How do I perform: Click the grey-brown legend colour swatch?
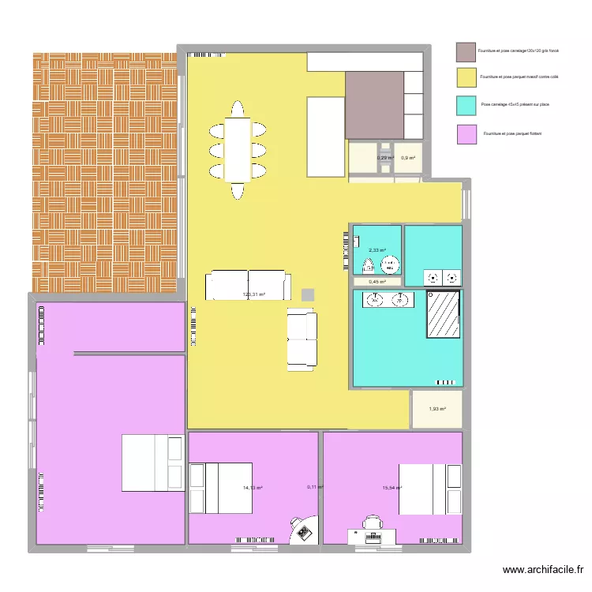(466, 52)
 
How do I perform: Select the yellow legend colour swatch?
(466, 77)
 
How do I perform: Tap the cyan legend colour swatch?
(466, 105)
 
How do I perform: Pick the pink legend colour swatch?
(466, 134)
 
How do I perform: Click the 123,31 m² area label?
(253, 295)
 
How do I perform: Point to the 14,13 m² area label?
(253, 488)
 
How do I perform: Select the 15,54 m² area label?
(392, 488)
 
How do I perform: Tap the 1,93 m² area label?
(437, 409)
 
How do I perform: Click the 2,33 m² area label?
(378, 250)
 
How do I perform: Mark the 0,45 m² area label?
(377, 281)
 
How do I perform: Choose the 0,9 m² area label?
(408, 158)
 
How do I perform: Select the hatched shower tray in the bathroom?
(444, 314)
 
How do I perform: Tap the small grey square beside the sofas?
(307, 294)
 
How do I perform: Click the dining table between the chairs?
(238, 149)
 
